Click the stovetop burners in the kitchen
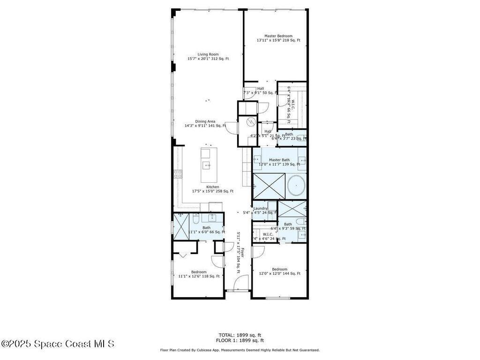click(178, 174)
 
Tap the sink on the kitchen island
click(206, 165)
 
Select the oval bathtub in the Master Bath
click(296, 185)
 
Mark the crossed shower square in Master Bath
click(269, 186)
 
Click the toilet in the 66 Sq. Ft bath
click(196, 218)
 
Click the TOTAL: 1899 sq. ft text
click(240, 335)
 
